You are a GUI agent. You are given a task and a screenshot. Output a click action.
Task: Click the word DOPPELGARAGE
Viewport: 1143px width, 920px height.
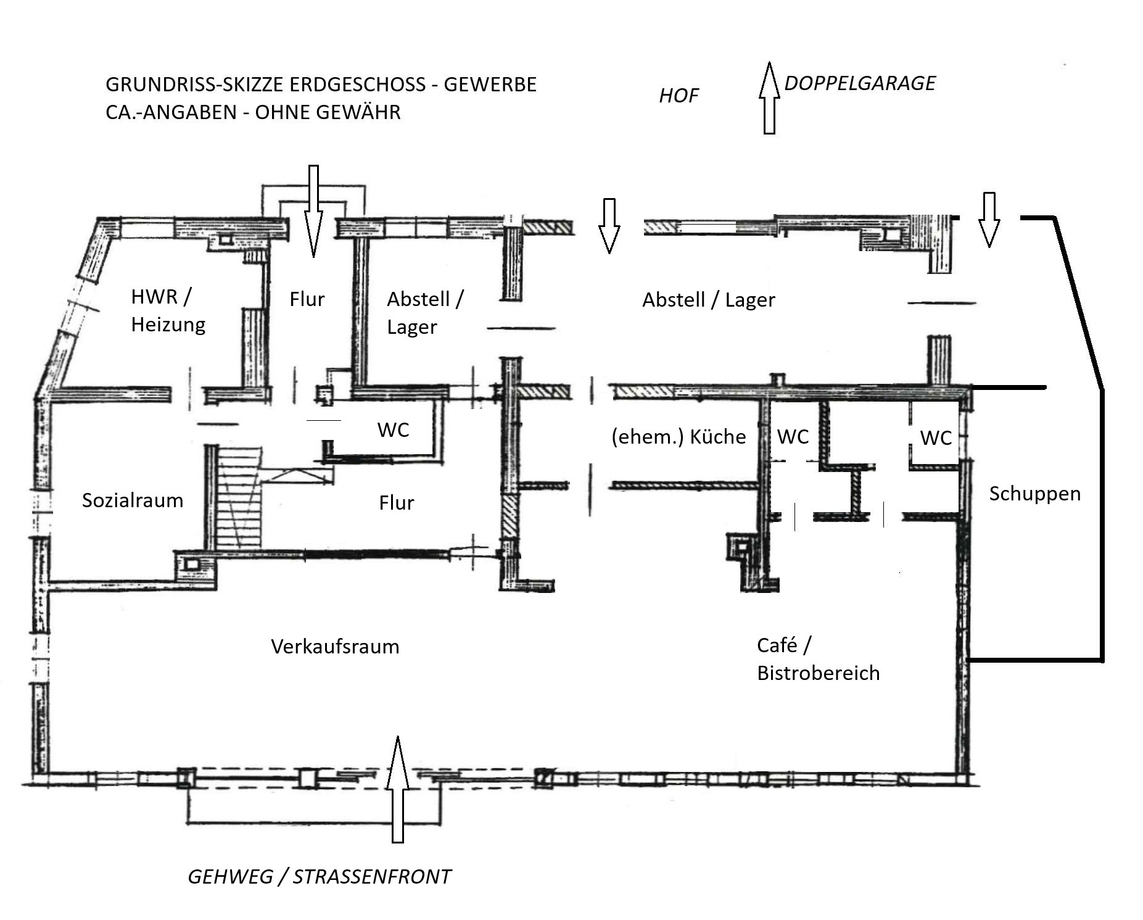click(x=860, y=83)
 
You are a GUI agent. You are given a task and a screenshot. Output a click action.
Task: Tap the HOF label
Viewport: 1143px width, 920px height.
click(x=679, y=96)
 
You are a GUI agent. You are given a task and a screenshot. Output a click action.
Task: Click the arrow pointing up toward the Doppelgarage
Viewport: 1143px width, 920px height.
click(x=769, y=97)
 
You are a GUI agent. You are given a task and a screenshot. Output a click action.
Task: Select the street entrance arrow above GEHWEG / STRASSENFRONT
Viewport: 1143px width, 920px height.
click(x=398, y=789)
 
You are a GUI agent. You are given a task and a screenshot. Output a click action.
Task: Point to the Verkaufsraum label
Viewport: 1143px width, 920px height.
click(x=335, y=647)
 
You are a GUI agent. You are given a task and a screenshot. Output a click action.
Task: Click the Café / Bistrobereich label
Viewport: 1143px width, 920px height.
click(x=818, y=659)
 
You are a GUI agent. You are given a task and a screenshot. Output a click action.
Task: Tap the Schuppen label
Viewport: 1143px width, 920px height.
click(x=1034, y=494)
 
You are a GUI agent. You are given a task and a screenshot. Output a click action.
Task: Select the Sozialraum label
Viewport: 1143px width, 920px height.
click(x=133, y=500)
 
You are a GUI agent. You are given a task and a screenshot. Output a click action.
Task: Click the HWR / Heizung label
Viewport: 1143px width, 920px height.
click(x=168, y=310)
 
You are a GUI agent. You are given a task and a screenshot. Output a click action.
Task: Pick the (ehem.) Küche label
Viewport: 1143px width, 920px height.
click(x=679, y=437)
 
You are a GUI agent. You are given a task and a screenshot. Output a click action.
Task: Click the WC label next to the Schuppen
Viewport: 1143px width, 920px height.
click(x=936, y=438)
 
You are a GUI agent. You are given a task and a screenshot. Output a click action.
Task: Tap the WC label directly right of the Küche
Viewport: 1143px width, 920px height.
click(x=793, y=437)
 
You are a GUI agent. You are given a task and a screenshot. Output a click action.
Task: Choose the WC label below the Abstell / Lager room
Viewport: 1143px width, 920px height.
click(x=393, y=429)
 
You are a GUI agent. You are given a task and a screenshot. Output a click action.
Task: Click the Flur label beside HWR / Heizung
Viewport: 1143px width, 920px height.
click(x=307, y=299)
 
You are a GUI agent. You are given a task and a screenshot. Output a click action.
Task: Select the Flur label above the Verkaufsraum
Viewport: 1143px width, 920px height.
click(x=396, y=503)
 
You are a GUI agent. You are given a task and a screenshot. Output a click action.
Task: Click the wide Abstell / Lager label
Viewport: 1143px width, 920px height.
click(x=708, y=300)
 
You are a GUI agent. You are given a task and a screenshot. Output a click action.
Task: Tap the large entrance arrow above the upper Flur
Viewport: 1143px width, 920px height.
click(x=313, y=211)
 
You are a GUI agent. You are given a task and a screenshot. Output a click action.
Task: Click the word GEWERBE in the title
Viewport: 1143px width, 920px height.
click(x=490, y=84)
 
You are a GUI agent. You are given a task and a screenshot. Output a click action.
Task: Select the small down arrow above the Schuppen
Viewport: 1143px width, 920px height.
click(x=989, y=220)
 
